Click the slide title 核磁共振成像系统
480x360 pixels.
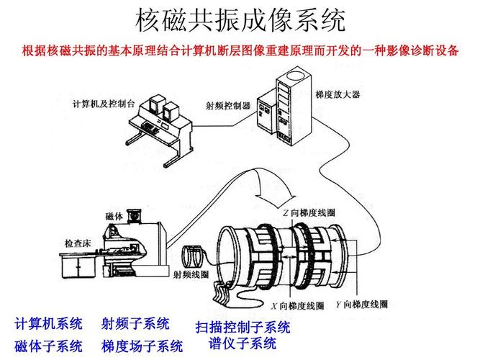pos(240,19)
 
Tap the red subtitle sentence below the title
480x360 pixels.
pos(240,51)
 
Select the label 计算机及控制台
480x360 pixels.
pos(104,103)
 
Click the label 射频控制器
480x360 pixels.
pos(227,106)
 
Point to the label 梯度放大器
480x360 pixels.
pos(338,94)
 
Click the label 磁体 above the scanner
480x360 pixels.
pos(114,216)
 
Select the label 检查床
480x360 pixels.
pos(78,243)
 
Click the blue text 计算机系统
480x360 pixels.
pos(48,323)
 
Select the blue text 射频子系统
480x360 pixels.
pos(135,323)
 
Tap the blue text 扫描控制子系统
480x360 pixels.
pos(243,328)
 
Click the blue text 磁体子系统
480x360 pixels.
pos(48,346)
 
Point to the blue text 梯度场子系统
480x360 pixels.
pos(142,346)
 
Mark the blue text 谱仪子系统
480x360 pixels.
pos(243,343)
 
